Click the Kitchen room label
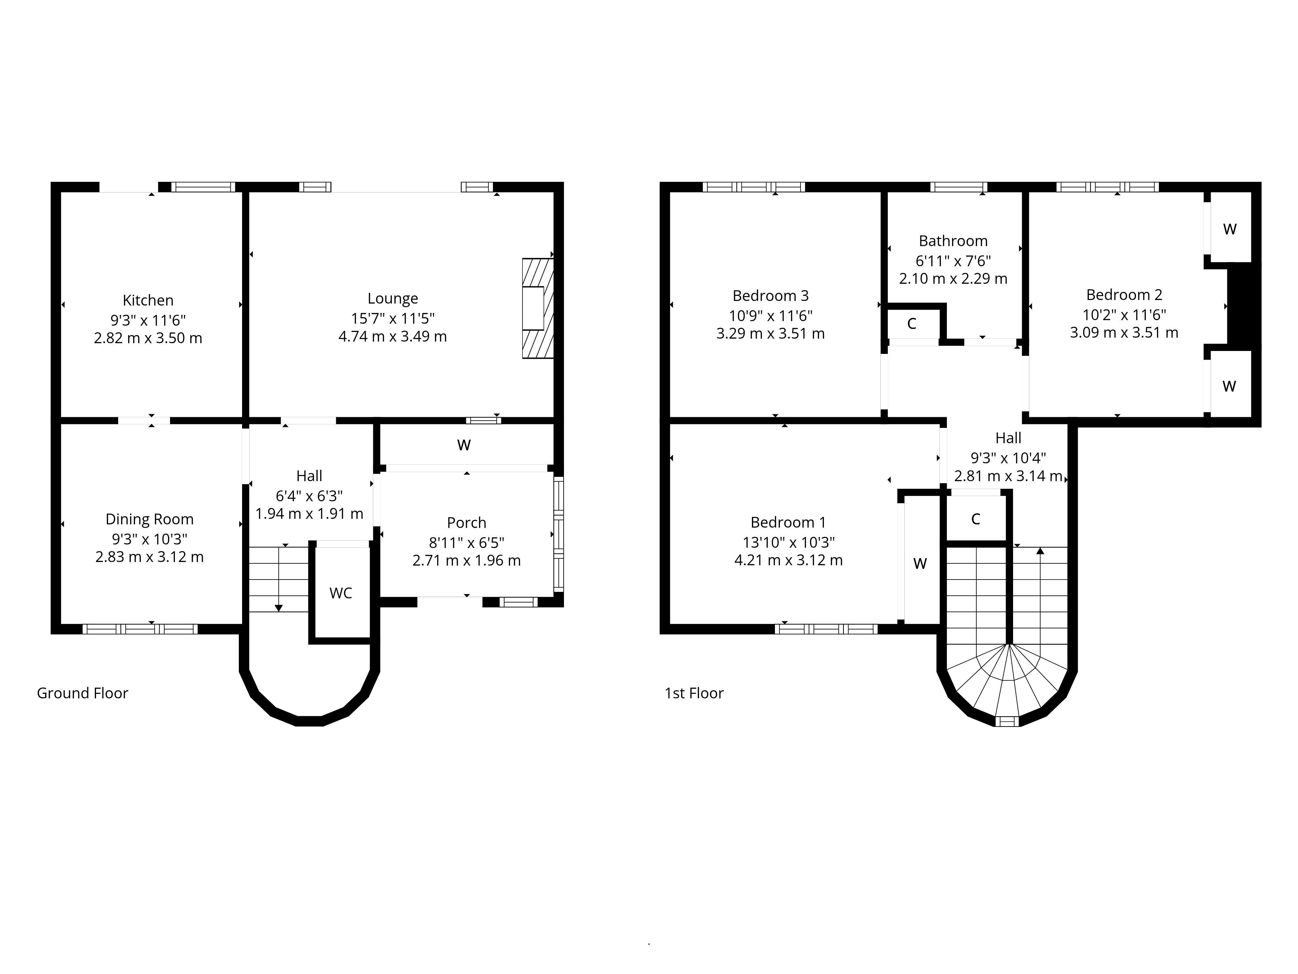coord(148,300)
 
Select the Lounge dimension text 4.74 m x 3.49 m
coord(393,336)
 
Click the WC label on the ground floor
coord(340,593)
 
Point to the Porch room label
coord(467,522)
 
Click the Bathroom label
coord(953,241)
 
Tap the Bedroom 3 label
coord(770,295)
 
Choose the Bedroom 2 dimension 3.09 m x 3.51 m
coord(1124,333)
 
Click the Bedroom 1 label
coord(788,522)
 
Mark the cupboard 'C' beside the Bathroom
coord(911,323)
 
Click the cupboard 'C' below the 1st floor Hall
coord(975,519)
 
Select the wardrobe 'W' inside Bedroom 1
coord(920,564)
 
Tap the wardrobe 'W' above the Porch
coord(464,445)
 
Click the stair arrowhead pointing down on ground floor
coord(279,608)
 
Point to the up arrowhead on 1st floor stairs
coord(1040,551)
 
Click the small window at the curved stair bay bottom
coord(1007,721)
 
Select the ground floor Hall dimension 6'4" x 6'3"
coord(309,496)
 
